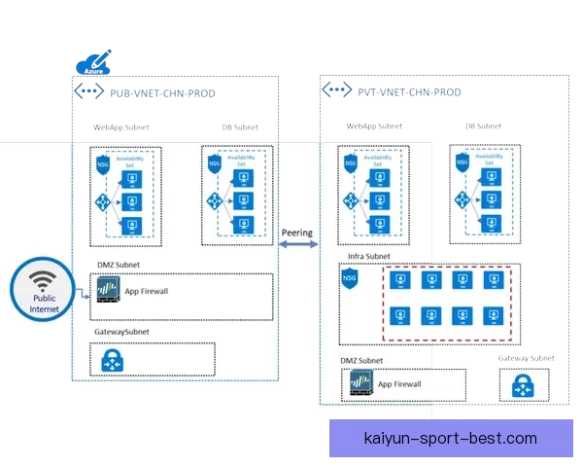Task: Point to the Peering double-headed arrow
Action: pos(297,245)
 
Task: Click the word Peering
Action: pos(296,233)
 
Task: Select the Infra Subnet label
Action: pos(368,257)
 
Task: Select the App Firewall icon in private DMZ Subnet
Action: pos(360,385)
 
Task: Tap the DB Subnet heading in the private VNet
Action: pos(483,126)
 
